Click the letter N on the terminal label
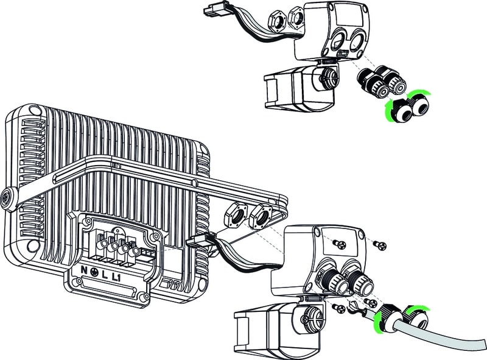point(84,270)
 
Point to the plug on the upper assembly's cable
point(212,11)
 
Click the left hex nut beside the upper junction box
point(276,23)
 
